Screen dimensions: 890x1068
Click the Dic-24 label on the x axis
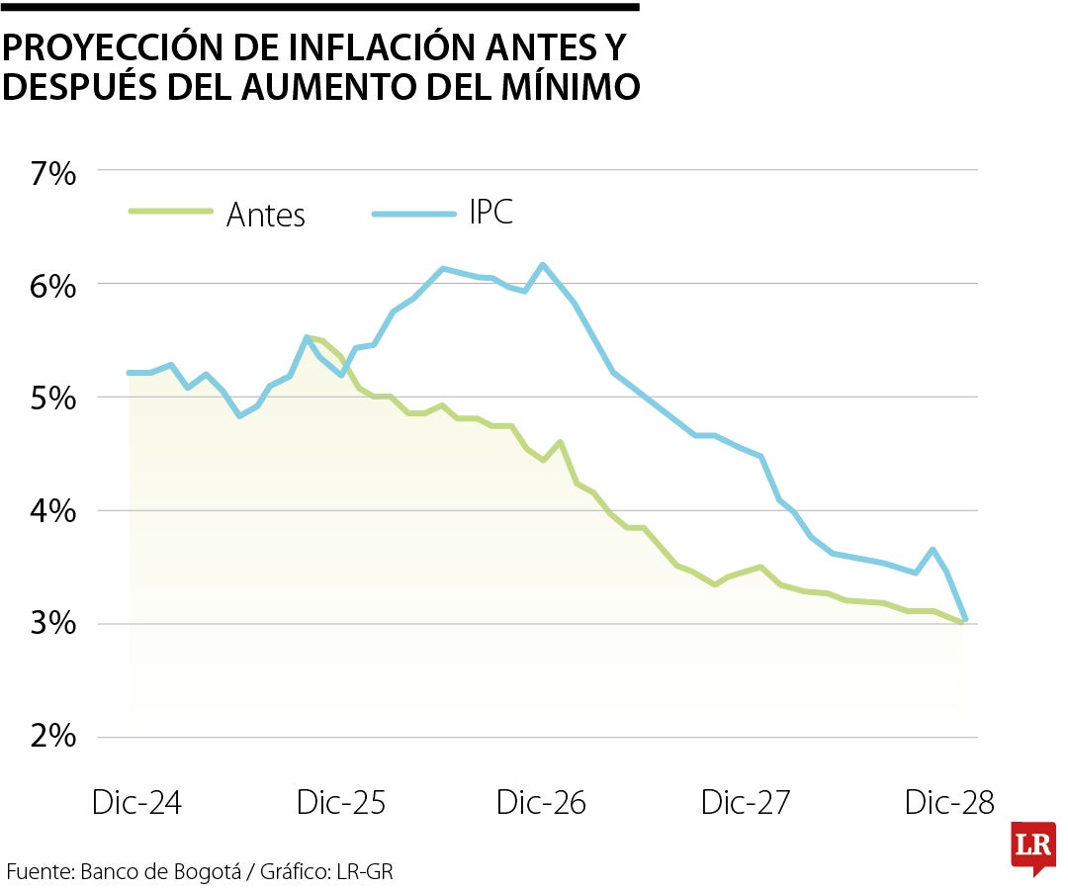point(136,803)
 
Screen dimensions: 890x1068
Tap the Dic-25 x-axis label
point(340,803)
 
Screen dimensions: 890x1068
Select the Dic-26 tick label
point(541,803)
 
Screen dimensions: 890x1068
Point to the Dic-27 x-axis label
point(746,803)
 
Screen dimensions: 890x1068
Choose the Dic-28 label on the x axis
point(949,803)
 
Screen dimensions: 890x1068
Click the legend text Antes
point(266,215)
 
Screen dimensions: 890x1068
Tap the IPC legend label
point(491,213)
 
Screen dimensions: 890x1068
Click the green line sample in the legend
point(171,211)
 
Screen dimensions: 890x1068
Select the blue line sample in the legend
point(414,212)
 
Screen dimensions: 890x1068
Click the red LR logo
point(1033,847)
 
